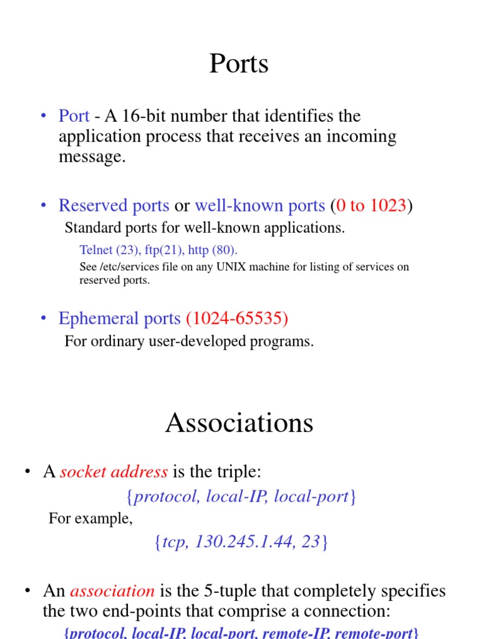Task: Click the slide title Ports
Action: point(239,64)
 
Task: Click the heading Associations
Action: point(239,423)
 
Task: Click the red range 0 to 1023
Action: point(372,205)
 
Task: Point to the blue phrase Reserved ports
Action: point(114,205)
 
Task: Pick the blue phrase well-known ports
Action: point(259,205)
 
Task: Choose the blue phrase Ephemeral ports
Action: point(119,318)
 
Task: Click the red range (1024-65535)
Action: point(237,318)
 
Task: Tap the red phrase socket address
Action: point(114,472)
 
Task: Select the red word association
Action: point(112,590)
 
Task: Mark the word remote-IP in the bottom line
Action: point(296,633)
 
